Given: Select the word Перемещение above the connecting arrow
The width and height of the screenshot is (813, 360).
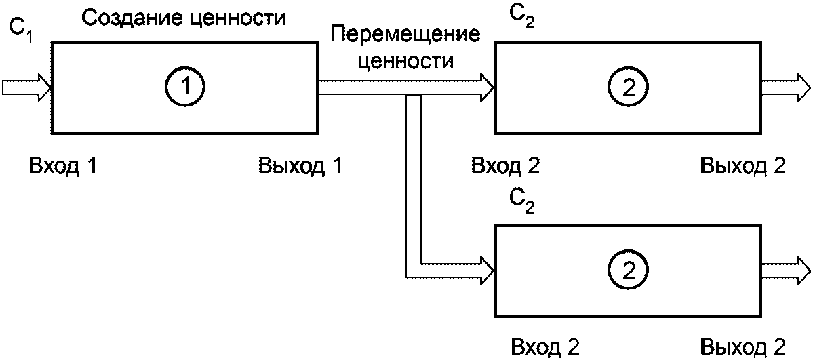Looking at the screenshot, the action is pyautogui.click(x=404, y=37).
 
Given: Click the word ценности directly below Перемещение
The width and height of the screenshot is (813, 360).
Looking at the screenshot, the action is pyautogui.click(x=405, y=61).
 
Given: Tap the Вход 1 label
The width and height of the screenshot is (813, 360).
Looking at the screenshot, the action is pyautogui.click(x=63, y=166).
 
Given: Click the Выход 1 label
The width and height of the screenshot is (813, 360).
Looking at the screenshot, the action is pyautogui.click(x=299, y=166).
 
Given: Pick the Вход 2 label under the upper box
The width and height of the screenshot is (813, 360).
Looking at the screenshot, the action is pyautogui.click(x=505, y=166).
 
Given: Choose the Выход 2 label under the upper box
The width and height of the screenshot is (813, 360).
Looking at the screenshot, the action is pyautogui.click(x=742, y=166).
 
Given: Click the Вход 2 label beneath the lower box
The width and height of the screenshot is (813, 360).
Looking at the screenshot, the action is pyautogui.click(x=544, y=346).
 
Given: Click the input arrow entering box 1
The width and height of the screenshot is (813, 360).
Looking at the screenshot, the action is pyautogui.click(x=26, y=87).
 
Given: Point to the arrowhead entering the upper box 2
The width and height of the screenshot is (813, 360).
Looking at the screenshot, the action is pyautogui.click(x=488, y=87).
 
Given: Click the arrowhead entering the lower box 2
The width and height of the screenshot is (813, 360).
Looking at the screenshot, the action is pyautogui.click(x=488, y=268).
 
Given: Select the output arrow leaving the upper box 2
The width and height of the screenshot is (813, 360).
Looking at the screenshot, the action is pyautogui.click(x=786, y=87).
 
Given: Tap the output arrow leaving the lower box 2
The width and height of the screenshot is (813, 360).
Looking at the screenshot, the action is pyautogui.click(x=786, y=268).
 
